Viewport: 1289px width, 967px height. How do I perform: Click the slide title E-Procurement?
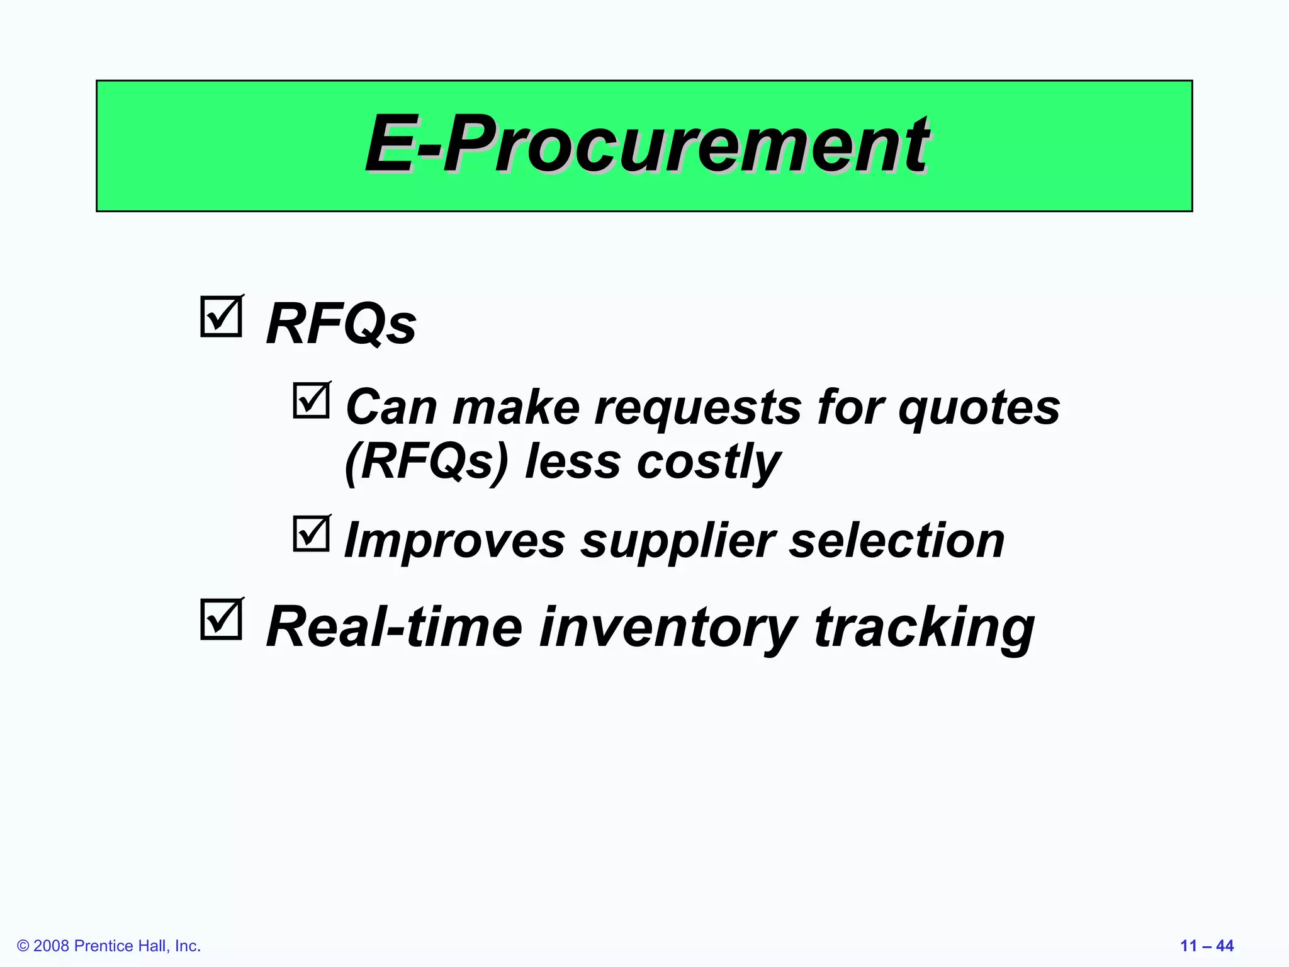646,145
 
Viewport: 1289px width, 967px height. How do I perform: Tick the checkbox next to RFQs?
221,317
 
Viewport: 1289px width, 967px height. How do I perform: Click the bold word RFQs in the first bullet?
341,325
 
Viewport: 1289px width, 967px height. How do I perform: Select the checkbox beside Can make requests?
311,401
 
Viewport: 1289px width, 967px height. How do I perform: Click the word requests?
698,409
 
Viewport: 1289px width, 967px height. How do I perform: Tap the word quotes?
979,409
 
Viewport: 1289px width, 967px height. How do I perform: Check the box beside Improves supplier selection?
311,534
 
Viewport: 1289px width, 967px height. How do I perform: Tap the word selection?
897,541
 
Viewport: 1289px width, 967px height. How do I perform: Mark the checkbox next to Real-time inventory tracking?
221,619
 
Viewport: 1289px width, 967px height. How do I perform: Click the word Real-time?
394,628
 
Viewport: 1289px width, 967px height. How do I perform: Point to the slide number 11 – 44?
1207,946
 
